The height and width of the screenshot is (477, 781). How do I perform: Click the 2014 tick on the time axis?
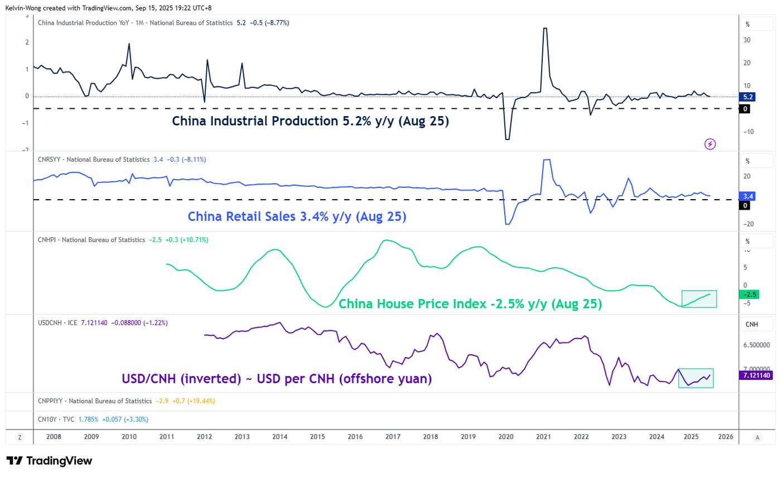coord(279,437)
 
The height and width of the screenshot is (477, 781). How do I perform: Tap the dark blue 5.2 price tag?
coord(748,97)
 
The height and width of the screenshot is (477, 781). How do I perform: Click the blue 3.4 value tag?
coord(748,196)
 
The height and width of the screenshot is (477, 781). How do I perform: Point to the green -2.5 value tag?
coord(748,295)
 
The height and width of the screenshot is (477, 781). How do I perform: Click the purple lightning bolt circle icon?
coord(710,144)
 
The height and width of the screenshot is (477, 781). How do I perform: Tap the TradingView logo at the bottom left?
coord(49,461)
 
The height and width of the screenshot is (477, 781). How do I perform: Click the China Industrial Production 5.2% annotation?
coord(310,121)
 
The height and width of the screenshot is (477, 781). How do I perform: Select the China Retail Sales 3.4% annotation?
coord(297,216)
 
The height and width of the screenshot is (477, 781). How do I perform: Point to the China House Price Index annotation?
coord(470,304)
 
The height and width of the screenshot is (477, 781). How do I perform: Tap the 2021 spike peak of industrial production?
coord(545,28)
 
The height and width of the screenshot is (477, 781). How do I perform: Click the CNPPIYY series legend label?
coord(94,401)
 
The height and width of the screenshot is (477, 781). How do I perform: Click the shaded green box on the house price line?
coord(699,299)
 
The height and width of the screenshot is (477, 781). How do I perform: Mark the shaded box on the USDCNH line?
coord(696,378)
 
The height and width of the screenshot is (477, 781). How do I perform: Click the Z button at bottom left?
coord(20,437)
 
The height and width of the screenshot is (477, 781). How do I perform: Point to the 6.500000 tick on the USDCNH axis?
coord(760,345)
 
